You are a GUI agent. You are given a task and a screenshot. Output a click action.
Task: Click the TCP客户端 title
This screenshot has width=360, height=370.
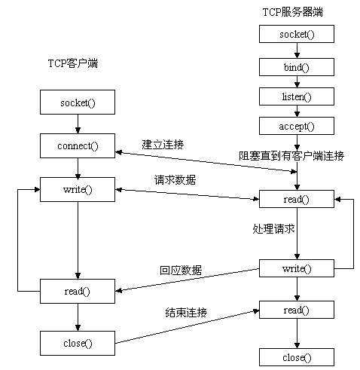pos(68,64)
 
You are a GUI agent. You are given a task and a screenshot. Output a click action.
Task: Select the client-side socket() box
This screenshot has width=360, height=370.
pos(78,101)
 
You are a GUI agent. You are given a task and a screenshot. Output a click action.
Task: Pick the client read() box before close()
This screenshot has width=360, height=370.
pos(78,290)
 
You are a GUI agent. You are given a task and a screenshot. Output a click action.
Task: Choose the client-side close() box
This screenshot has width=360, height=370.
pos(78,343)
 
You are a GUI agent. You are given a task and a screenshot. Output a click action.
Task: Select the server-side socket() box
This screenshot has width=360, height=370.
pos(297,35)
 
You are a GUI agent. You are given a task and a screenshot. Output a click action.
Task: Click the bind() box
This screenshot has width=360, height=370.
pos(297,66)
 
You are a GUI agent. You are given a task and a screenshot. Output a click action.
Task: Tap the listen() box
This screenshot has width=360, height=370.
pos(297,96)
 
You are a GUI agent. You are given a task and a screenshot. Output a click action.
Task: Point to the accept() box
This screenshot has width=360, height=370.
pos(297,126)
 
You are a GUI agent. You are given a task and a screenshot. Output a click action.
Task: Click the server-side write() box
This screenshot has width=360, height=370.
pos(297,268)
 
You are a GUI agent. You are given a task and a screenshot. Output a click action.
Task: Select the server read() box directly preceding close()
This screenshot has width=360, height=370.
pos(297,310)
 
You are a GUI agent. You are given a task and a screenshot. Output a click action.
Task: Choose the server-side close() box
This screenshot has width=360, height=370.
pos(297,356)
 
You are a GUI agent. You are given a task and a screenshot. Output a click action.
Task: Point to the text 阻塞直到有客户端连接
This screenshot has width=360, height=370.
pos(291,156)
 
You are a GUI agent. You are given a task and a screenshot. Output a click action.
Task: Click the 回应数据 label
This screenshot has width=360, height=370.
pos(179,269)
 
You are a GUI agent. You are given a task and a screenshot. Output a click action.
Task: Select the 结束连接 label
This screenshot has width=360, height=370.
pos(186,312)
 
